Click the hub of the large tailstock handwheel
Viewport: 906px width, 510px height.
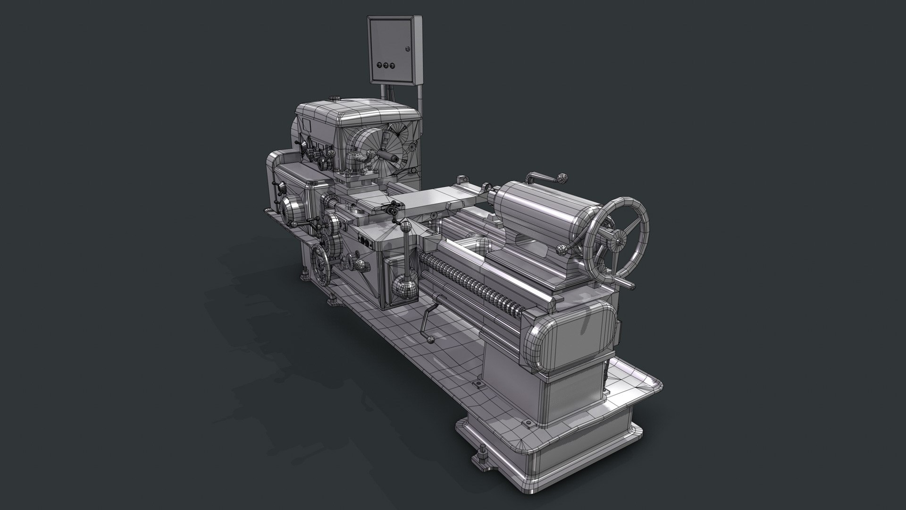click(x=619, y=240)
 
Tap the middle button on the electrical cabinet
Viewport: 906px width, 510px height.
click(x=385, y=66)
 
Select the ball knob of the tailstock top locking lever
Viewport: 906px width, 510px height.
click(x=562, y=178)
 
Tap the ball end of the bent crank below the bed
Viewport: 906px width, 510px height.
click(x=430, y=339)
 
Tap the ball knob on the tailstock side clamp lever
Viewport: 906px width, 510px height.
click(x=561, y=249)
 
